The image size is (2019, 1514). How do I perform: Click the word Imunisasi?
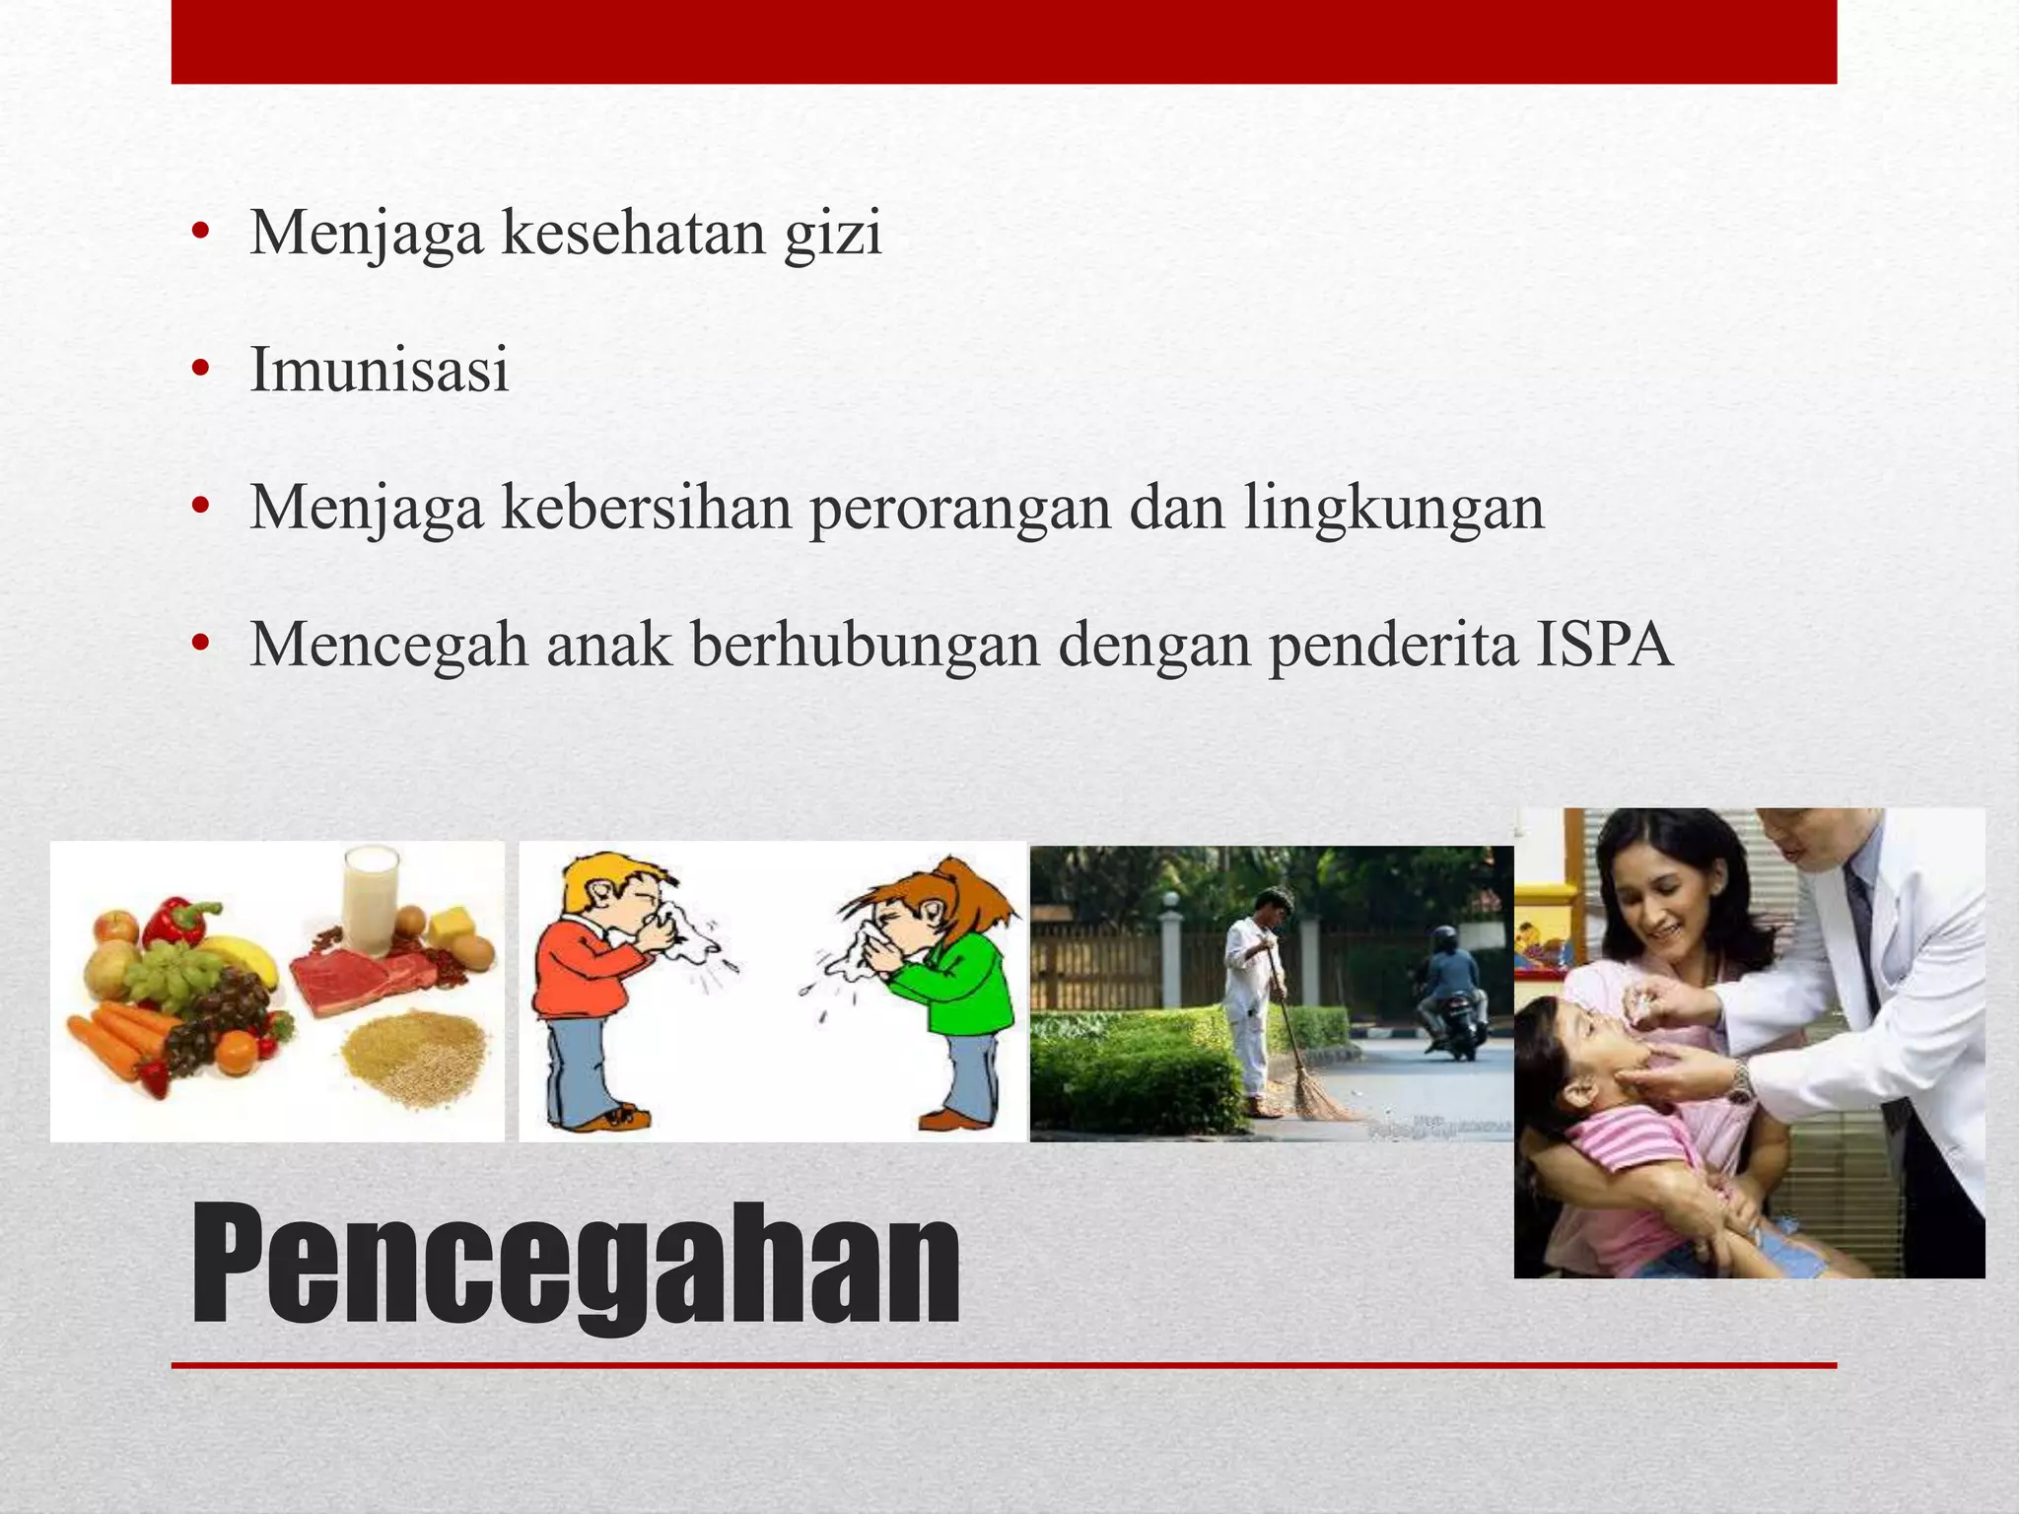click(380, 371)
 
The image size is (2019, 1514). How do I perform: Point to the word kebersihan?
click(647, 508)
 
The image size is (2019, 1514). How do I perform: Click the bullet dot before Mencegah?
click(201, 646)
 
